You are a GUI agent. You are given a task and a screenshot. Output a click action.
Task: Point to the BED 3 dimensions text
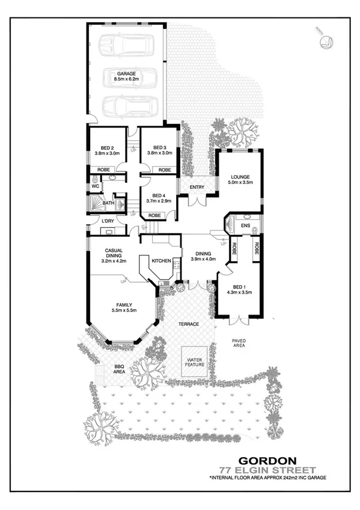[159, 153]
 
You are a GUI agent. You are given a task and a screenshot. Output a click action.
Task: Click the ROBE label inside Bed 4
[154, 215]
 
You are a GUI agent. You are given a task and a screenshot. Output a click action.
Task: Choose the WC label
[95, 186]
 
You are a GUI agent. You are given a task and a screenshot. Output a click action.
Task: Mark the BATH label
[108, 203]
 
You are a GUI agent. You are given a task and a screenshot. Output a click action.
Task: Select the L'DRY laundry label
[108, 221]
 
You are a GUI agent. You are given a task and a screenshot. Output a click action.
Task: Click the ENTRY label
[197, 187]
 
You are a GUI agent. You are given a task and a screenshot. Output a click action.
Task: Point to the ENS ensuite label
[245, 226]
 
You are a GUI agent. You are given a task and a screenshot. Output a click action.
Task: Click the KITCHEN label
[162, 260]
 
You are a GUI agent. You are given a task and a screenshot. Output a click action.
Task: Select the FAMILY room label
[124, 304]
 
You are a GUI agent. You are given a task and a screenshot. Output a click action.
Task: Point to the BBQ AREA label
[119, 369]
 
